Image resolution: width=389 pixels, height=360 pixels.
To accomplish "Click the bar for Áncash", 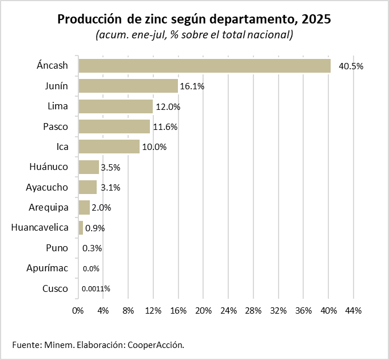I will click(204, 66).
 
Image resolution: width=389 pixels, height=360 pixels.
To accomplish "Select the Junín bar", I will click(128, 86).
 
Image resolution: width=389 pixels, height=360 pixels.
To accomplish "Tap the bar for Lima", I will click(116, 106).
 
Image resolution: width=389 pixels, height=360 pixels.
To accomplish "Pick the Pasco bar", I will click(114, 126).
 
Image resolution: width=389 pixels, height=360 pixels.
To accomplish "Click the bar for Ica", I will click(109, 147).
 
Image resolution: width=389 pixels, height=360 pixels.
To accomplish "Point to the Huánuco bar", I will click(89, 167).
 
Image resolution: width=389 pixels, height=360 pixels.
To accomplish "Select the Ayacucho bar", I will click(88, 187).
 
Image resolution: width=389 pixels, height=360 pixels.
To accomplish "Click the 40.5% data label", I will click(351, 66).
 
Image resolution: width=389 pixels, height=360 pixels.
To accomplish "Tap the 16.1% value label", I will click(192, 86).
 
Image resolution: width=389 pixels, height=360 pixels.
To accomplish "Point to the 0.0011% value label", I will click(96, 289).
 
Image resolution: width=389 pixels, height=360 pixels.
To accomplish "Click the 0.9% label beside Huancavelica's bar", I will click(95, 228).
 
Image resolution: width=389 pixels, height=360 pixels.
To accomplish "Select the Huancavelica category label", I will click(40, 228).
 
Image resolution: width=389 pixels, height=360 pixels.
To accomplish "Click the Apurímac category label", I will click(47, 268).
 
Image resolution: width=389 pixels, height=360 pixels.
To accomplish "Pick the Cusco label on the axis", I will click(55, 288).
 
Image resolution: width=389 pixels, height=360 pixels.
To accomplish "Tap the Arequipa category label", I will click(49, 207).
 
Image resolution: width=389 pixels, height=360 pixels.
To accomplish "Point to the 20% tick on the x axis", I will click(203, 310).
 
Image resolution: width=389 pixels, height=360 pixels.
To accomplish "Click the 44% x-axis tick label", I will click(354, 310).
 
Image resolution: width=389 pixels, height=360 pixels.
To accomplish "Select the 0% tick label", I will click(78, 310).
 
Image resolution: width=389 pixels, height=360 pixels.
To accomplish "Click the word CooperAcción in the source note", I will click(156, 345).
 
